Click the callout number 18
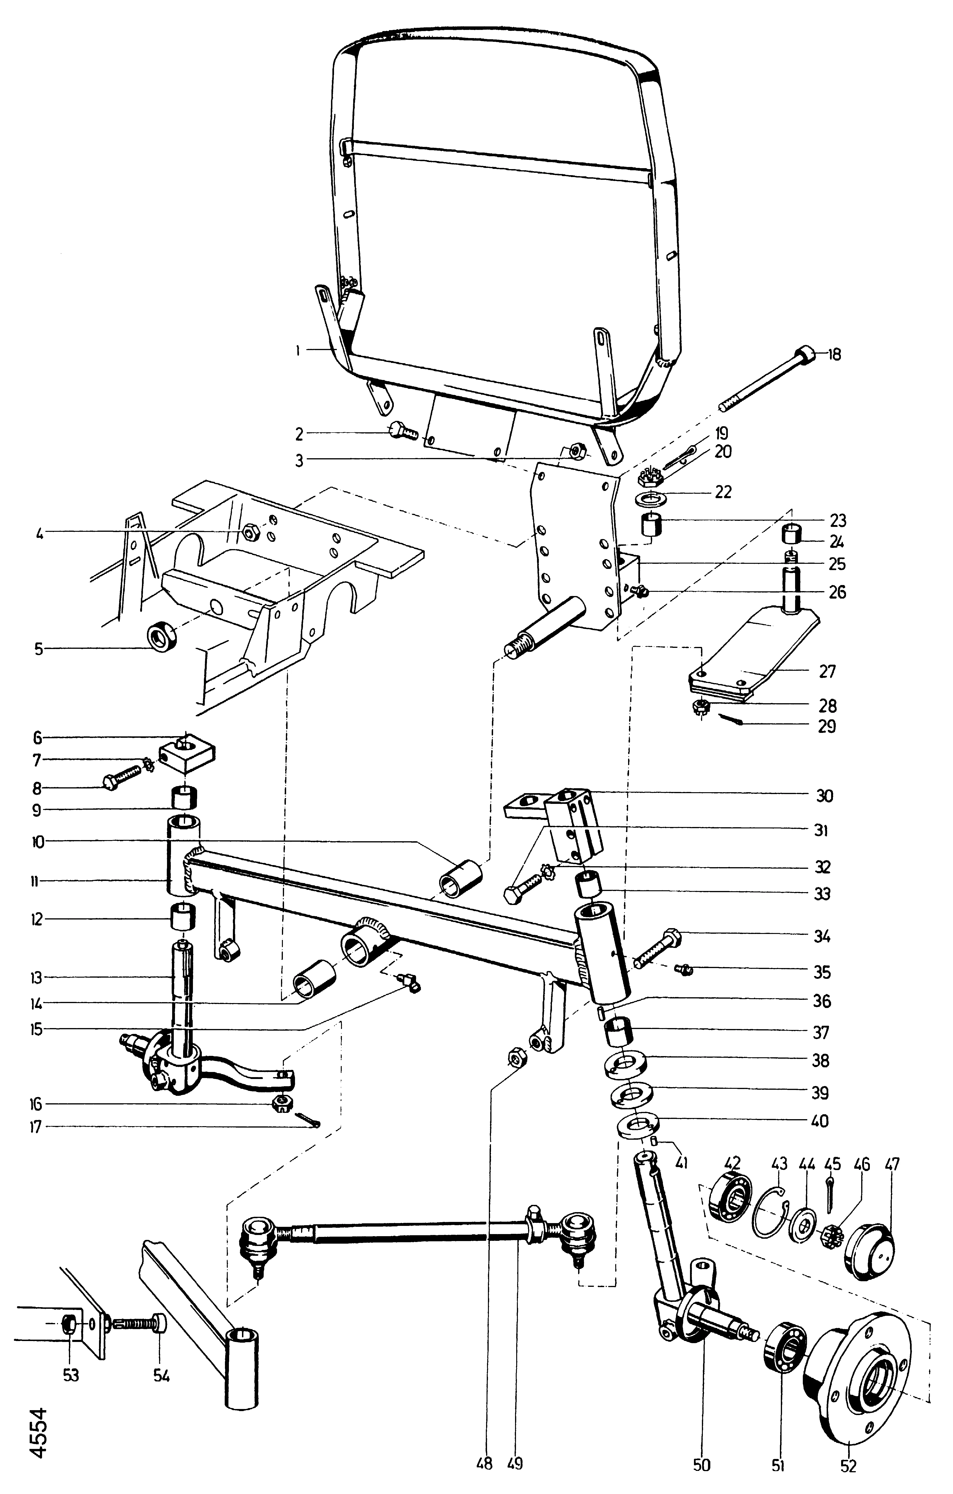(835, 355)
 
